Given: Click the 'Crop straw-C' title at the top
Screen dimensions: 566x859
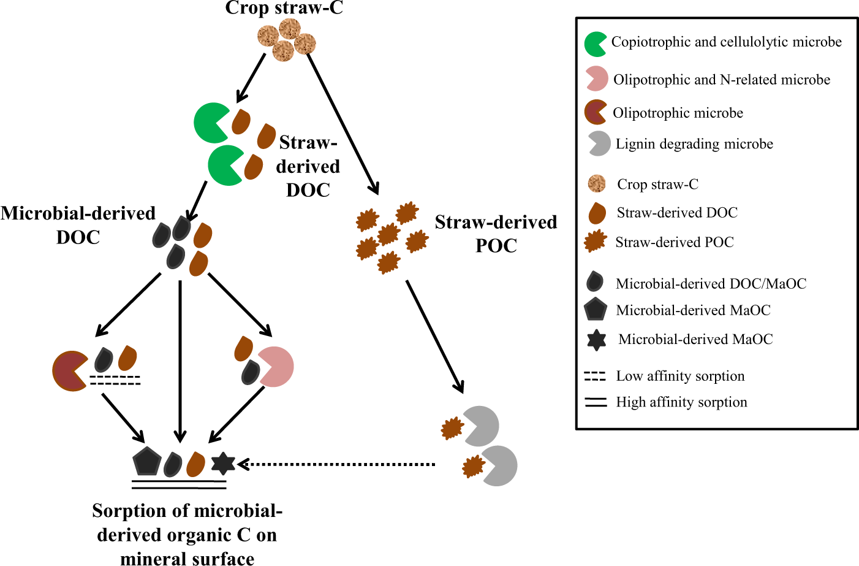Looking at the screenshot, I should (284, 8).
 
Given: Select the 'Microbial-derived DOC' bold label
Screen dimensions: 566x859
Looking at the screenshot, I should (78, 224).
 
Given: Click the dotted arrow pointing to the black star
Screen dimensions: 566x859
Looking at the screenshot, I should (337, 464).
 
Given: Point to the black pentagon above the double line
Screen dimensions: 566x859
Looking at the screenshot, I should (147, 461).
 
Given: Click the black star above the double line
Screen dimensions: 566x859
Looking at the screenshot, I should (223, 463).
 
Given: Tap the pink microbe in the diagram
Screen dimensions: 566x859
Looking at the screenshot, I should (276, 367).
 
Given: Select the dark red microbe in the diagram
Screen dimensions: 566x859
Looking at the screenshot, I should (69, 371).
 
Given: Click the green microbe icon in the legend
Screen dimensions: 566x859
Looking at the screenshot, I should (595, 44).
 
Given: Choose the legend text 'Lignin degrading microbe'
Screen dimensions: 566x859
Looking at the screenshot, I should (694, 144).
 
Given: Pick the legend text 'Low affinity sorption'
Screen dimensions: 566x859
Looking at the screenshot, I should (680, 376).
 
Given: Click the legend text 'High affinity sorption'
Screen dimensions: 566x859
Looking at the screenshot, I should (681, 402).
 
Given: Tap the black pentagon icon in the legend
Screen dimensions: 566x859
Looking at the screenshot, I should (596, 310).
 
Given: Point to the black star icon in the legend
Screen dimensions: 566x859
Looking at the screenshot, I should (596, 340).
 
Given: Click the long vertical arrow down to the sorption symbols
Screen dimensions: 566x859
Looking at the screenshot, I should (180, 362).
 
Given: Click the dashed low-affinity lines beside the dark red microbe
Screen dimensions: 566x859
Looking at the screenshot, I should (115, 380).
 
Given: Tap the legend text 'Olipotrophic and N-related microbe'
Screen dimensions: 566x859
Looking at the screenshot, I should (722, 80).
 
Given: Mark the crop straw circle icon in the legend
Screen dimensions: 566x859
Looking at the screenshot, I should (597, 183).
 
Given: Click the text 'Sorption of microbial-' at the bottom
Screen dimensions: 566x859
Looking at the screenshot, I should (187, 511).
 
